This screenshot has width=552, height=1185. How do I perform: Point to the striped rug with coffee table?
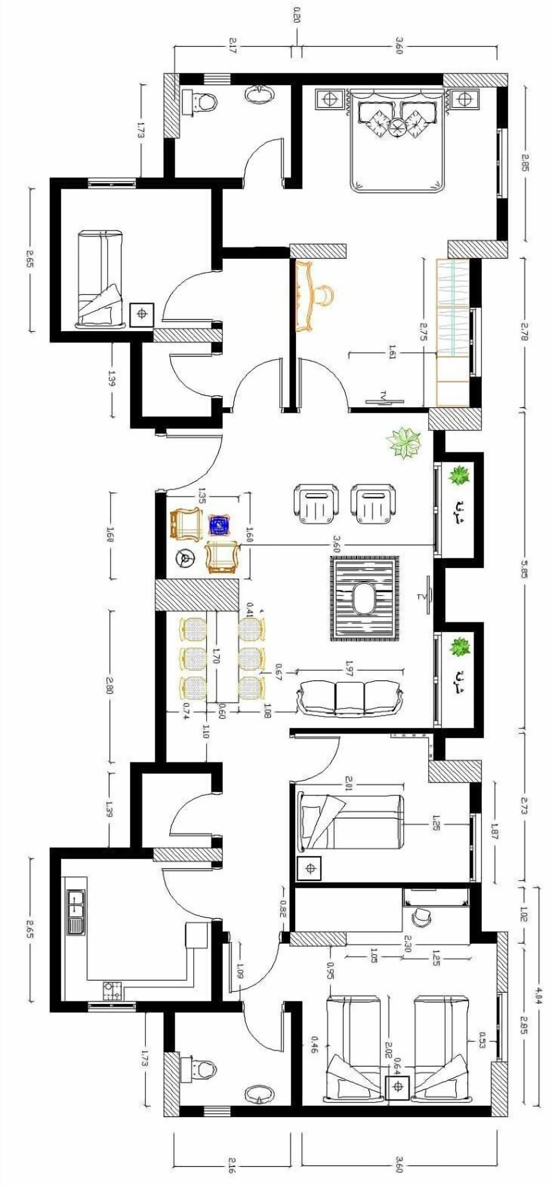(364, 598)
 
